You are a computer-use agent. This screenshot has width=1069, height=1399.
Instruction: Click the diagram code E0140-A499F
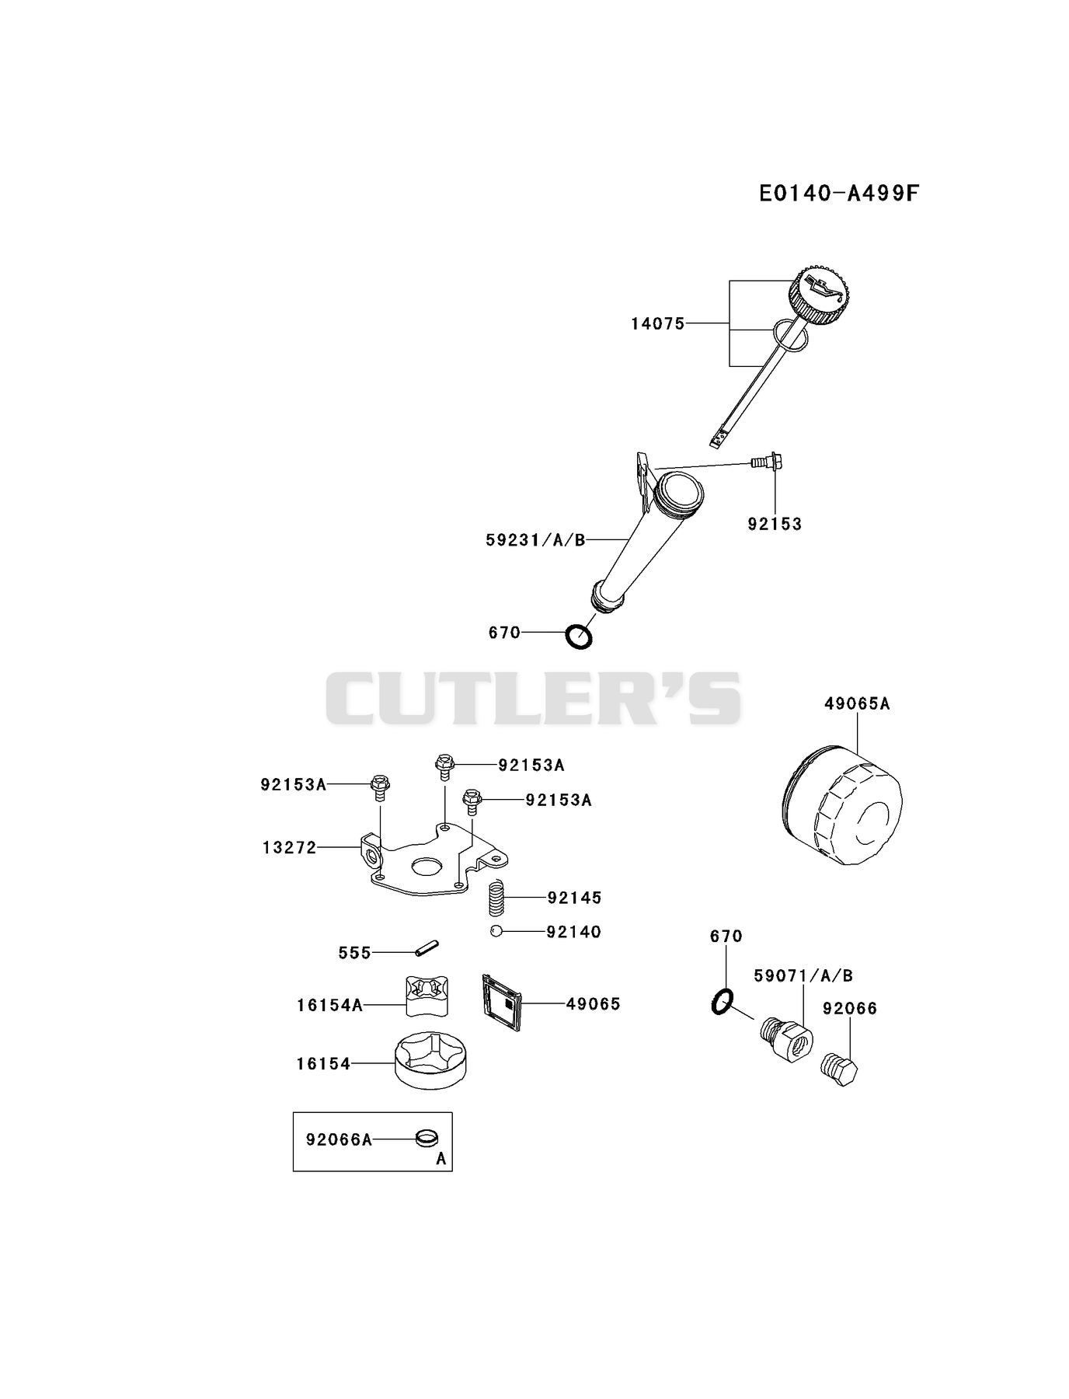(x=839, y=193)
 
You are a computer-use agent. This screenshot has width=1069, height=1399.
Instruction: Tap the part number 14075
(x=658, y=323)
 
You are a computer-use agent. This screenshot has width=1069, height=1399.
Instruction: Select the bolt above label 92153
(x=767, y=462)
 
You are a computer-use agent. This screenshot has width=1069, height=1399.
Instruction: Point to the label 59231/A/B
(x=535, y=539)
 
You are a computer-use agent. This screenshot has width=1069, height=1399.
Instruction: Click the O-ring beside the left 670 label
(x=578, y=637)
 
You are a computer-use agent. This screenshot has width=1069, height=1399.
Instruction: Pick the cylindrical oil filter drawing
(x=841, y=806)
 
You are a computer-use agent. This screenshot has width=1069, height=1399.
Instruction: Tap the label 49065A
(x=857, y=703)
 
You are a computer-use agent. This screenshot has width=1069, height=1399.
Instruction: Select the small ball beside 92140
(x=496, y=931)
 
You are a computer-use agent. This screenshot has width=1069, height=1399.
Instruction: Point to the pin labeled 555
(x=427, y=948)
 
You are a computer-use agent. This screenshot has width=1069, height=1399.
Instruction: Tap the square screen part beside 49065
(x=502, y=1003)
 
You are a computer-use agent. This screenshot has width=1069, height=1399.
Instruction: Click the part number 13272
(x=290, y=847)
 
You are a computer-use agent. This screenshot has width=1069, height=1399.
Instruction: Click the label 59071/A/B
(x=803, y=975)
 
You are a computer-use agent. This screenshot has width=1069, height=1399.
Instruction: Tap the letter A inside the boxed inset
(x=441, y=1159)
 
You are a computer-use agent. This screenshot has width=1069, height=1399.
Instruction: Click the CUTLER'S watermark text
(x=533, y=699)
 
